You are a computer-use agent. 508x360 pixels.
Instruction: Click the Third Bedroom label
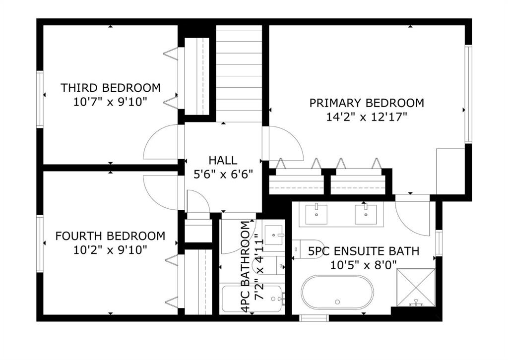111,88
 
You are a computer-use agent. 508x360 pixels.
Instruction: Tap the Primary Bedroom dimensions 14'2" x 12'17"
367,117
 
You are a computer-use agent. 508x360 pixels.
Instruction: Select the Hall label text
223,160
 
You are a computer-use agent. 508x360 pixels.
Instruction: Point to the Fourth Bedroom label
110,236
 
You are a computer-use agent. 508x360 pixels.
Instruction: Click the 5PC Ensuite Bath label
364,251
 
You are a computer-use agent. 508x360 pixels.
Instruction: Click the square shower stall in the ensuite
416,288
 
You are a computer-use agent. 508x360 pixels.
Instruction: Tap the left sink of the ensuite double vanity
316,214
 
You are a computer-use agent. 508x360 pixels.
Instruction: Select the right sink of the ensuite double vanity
366,214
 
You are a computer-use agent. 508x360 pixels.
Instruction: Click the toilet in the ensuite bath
308,248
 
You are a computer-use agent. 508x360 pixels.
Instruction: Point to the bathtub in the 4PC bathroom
253,299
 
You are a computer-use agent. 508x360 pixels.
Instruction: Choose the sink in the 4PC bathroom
274,235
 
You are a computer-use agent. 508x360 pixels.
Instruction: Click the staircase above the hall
239,74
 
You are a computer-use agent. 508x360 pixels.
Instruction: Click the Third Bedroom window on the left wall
40,99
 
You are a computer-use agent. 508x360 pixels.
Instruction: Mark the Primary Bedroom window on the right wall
468,94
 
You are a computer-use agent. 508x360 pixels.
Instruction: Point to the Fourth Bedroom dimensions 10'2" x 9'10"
110,250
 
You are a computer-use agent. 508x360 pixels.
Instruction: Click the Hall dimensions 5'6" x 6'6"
223,175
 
